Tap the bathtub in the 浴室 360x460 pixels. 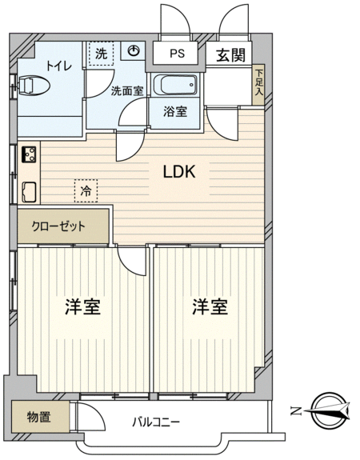175,85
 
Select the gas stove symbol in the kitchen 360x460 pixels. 29,154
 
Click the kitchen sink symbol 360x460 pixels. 29,192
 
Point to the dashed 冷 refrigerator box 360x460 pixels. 86,191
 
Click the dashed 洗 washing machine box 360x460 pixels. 102,54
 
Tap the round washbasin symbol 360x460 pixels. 134,50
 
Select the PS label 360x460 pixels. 177,54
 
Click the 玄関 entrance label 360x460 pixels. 230,54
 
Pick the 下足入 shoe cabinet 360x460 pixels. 258,85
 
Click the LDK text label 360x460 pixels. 179,172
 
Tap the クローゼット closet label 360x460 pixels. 58,226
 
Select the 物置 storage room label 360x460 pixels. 38,417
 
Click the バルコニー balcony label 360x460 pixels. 156,422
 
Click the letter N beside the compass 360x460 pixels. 296,411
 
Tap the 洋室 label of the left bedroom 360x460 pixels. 82,307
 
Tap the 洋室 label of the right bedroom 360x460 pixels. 210,307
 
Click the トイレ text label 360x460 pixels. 59,66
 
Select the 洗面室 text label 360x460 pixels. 127,91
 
